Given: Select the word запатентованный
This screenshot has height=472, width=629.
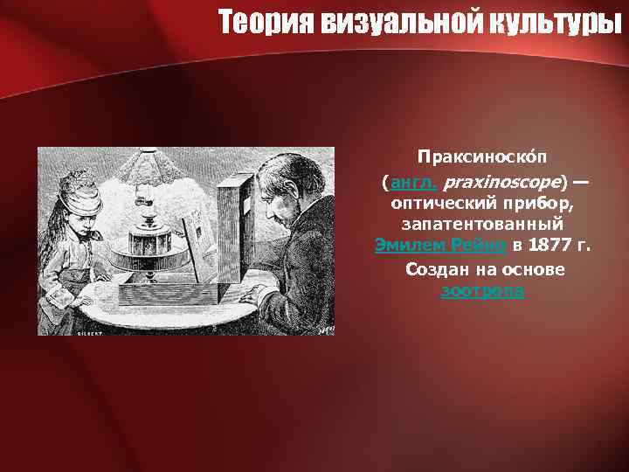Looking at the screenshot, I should click(x=483, y=225).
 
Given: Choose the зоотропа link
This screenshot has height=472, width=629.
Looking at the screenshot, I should click(x=482, y=291).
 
